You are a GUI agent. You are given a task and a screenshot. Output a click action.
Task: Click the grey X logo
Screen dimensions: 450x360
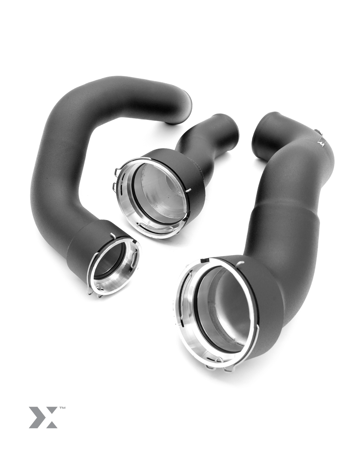43,417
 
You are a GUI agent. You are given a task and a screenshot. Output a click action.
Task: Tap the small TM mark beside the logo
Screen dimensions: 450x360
62,408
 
